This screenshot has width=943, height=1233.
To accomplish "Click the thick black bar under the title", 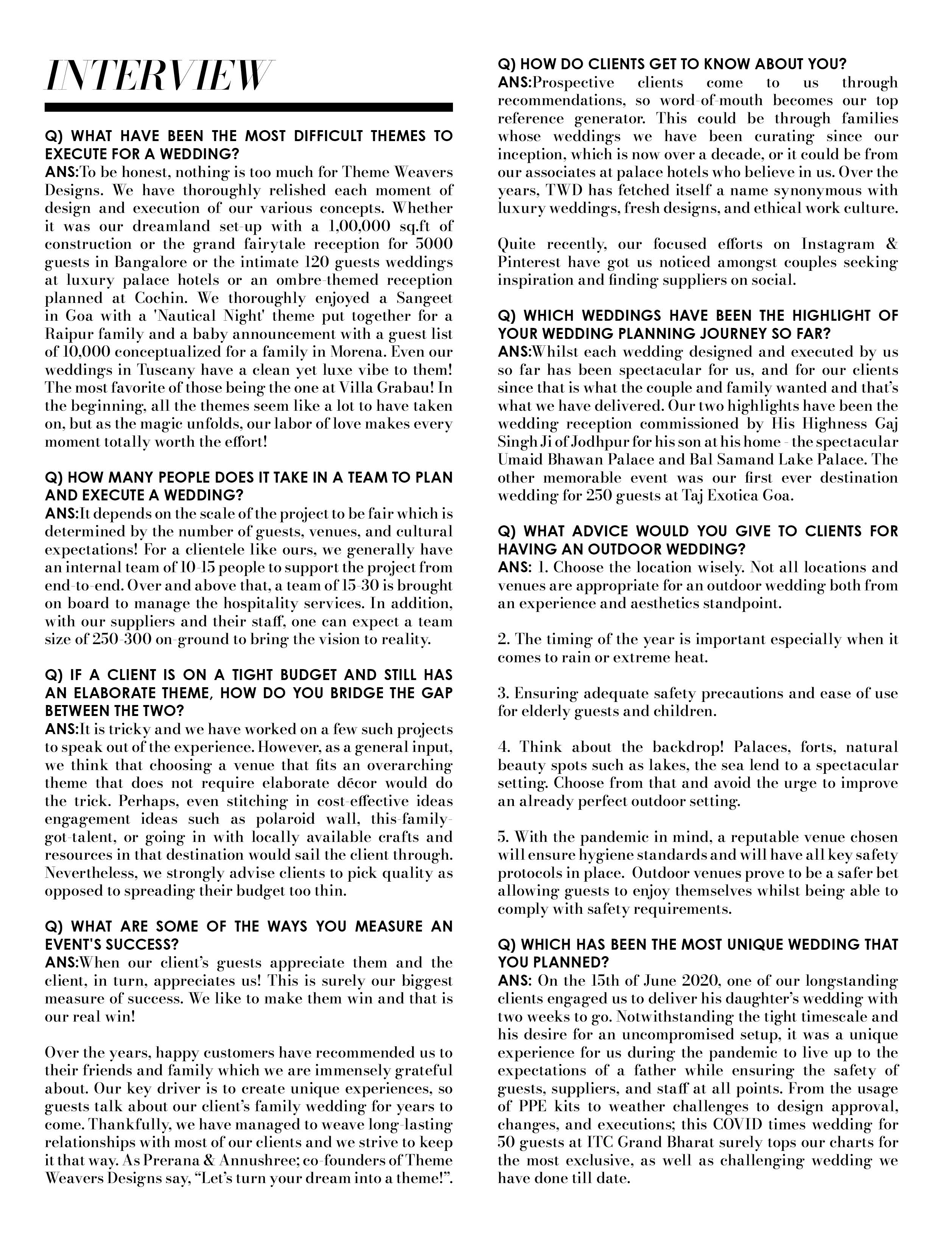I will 248,107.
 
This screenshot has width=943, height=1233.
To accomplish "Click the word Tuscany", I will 172,370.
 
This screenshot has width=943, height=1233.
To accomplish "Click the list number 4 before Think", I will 502,748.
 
